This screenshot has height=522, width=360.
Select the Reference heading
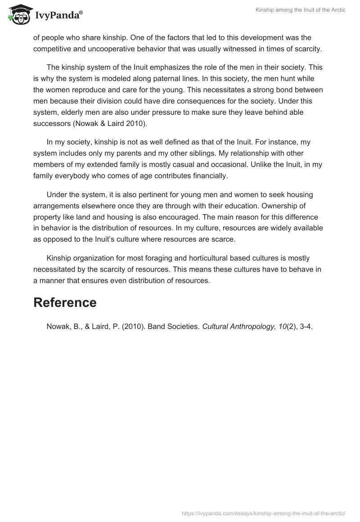(65, 302)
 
